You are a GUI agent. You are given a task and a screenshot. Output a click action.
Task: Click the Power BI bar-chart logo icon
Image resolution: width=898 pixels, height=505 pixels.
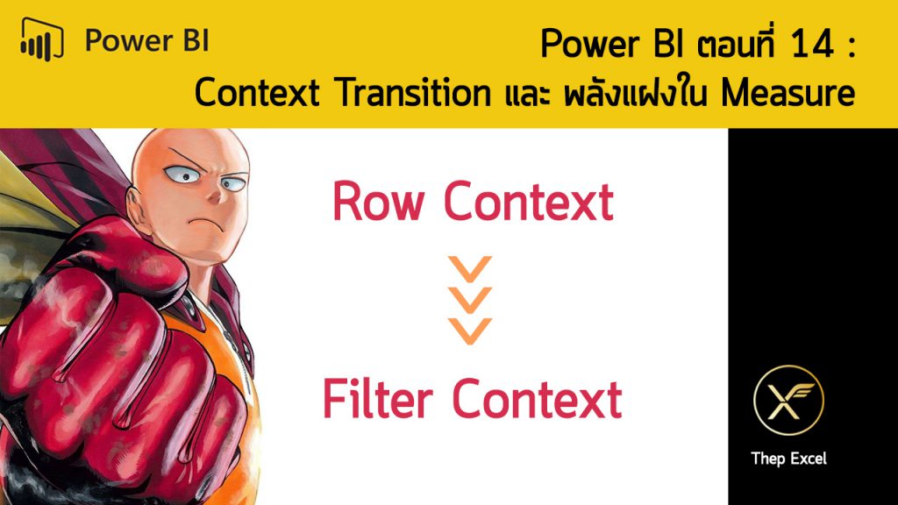click(x=42, y=39)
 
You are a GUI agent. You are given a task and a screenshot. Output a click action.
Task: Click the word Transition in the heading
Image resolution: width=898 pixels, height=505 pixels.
click(x=414, y=93)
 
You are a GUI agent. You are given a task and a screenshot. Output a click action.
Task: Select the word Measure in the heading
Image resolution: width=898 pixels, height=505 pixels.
click(x=788, y=93)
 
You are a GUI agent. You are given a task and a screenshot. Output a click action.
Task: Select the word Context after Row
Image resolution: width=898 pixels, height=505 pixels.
click(x=528, y=202)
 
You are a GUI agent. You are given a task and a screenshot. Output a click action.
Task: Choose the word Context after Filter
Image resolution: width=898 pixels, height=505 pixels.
click(x=537, y=399)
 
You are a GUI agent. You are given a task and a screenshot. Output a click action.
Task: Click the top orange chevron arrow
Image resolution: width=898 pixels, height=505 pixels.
click(x=470, y=269)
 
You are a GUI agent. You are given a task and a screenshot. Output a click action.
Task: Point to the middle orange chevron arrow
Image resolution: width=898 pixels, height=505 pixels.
click(x=470, y=300)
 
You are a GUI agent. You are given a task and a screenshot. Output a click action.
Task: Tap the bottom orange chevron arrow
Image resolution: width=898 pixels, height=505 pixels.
click(x=470, y=331)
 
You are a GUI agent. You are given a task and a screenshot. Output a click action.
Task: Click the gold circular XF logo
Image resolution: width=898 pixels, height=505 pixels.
click(x=788, y=400)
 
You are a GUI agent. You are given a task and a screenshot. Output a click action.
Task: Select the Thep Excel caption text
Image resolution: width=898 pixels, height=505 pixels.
click(x=788, y=459)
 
